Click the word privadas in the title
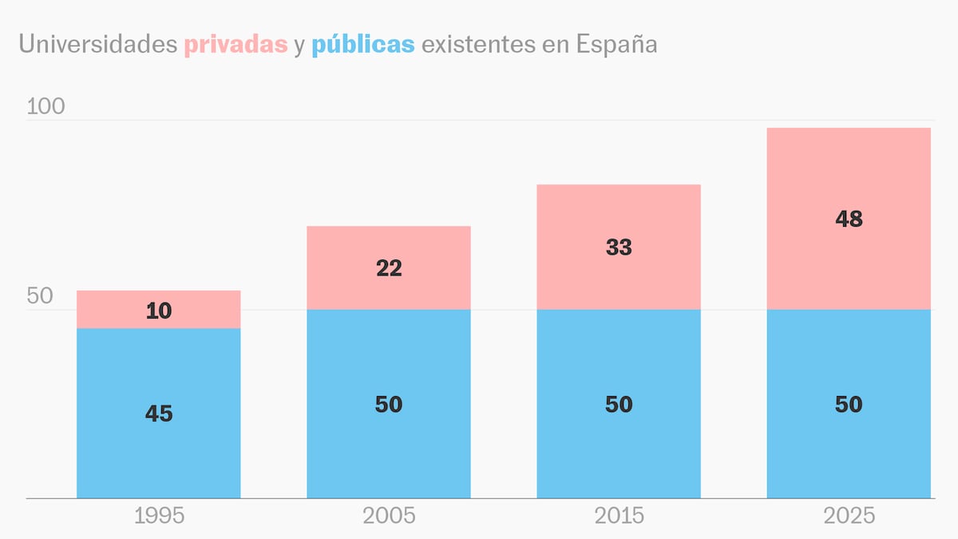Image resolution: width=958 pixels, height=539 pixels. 236,45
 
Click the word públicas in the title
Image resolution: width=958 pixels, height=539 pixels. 363,45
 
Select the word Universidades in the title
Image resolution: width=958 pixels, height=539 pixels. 98,45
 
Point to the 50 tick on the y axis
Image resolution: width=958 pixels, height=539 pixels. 40,296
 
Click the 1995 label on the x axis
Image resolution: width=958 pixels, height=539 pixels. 159,516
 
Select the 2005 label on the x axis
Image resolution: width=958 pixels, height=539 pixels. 389,516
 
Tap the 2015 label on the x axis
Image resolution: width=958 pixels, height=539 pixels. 619,516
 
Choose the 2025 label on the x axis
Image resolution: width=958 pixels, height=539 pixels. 849,516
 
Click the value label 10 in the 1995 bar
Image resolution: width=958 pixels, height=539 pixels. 159,311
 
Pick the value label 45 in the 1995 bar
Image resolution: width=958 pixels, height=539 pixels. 159,414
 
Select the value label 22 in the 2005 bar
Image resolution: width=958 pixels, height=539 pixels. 389,268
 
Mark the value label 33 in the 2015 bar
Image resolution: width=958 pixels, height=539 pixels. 619,248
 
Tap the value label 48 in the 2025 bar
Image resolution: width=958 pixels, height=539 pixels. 849,219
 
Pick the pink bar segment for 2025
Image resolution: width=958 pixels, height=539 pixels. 849,168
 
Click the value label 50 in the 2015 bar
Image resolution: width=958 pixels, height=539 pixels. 619,404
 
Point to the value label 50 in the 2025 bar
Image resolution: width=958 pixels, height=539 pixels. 849,404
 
